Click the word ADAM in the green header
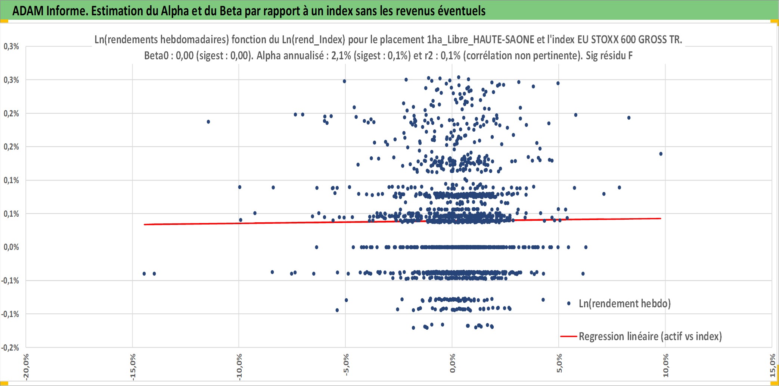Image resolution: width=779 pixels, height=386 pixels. point(28,11)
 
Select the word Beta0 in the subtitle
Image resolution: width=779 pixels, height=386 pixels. point(156,56)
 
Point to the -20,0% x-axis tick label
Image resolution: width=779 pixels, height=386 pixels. point(26,367)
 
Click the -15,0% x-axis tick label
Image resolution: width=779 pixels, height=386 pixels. point(133,367)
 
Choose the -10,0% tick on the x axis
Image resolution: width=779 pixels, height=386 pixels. point(239,367)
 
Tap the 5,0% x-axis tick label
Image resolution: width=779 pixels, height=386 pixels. point(559,363)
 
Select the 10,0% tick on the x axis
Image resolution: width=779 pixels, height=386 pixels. point(665,365)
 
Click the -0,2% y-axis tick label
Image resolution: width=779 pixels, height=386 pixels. point(10,348)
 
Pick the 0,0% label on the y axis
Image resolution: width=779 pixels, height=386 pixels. point(11,247)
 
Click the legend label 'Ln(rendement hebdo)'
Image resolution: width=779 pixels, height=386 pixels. point(625,304)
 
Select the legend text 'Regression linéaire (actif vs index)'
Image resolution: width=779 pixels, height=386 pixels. point(650,336)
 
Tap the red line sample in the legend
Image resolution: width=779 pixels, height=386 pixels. point(569,336)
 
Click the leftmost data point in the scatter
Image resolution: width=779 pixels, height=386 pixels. point(144,274)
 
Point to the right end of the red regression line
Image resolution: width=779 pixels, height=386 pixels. point(661,219)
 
